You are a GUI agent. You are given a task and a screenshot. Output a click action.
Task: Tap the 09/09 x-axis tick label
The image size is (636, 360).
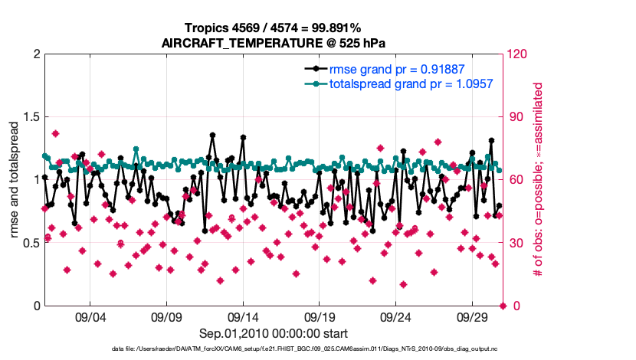(x=166, y=317)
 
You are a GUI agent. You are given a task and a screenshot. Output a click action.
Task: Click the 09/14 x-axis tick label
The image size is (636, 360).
(x=243, y=317)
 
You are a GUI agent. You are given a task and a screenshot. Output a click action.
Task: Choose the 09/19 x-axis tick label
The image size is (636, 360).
(x=320, y=317)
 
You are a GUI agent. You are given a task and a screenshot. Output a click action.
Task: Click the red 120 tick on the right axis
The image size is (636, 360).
(x=518, y=54)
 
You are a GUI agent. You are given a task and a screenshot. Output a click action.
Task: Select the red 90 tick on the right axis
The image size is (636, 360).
(x=515, y=117)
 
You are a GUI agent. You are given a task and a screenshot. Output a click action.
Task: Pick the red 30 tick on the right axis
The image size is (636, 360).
(x=515, y=243)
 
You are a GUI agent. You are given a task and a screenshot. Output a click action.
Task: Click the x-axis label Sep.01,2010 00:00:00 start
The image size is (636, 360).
(x=274, y=333)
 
